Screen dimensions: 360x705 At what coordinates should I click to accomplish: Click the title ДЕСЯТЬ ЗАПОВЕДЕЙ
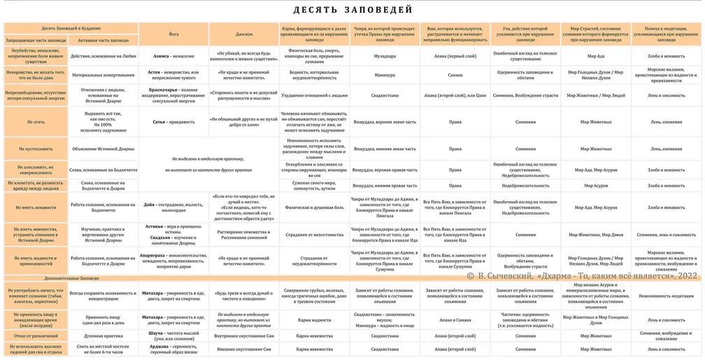(x=352, y=10)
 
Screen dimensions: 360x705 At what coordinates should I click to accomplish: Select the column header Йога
(x=173, y=34)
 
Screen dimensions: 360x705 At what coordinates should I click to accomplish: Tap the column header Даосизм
(x=243, y=34)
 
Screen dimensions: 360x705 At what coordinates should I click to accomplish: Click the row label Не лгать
(x=36, y=122)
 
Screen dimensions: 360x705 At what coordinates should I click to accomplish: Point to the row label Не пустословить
(x=36, y=149)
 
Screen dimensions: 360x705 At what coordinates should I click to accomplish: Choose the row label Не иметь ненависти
(x=36, y=208)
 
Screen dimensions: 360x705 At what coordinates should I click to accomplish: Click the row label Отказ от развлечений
(x=36, y=336)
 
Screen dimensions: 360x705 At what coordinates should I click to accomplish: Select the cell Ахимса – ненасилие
(x=173, y=56)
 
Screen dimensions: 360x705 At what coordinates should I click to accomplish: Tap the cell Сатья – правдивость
(x=173, y=122)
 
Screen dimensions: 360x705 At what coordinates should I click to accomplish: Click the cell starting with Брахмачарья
(x=173, y=95)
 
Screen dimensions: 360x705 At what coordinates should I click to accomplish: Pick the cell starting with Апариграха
(x=173, y=261)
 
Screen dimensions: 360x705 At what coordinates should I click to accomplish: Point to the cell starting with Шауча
(x=173, y=336)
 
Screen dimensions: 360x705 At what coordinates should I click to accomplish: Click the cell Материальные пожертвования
(x=104, y=75)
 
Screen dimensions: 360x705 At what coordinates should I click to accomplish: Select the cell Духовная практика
(x=104, y=336)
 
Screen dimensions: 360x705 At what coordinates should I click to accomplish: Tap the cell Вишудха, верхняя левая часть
(x=384, y=122)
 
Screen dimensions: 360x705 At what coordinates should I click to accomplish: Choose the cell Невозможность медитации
(x=666, y=296)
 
